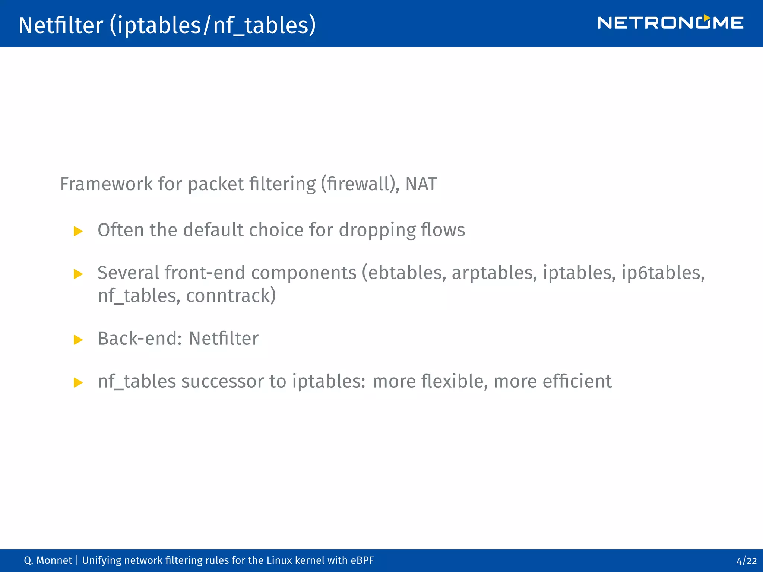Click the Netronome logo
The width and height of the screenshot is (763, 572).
click(x=670, y=23)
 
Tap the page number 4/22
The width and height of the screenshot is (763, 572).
click(x=746, y=560)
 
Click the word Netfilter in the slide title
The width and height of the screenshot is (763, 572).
click(x=61, y=25)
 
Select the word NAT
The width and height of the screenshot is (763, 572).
click(x=421, y=184)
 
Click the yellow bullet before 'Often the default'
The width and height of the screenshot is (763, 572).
click(x=78, y=231)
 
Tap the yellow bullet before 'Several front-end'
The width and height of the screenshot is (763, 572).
click(x=78, y=274)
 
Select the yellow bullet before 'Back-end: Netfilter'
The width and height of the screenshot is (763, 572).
click(x=78, y=340)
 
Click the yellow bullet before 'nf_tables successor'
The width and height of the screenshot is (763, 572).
click(x=78, y=382)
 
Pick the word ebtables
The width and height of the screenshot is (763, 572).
click(x=407, y=273)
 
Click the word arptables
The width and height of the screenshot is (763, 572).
click(x=494, y=273)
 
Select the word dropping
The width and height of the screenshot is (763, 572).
click(x=377, y=230)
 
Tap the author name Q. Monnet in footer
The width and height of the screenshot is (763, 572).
click(x=48, y=560)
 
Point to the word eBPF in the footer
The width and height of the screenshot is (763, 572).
click(x=362, y=560)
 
